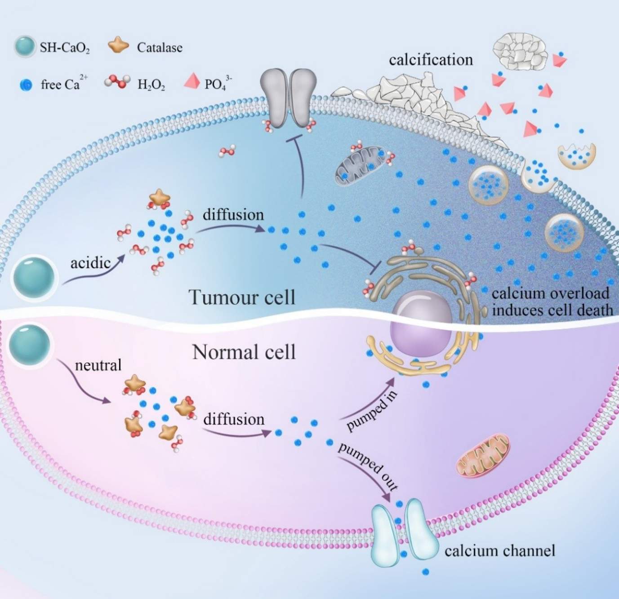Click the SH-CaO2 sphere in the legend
point(24,46)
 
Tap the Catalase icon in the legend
point(118,46)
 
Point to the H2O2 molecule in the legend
point(117,82)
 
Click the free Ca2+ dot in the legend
point(27,85)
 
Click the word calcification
point(431,60)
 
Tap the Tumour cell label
point(242,297)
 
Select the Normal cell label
point(244,352)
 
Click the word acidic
point(90,262)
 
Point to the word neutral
point(98,365)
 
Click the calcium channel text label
point(499,550)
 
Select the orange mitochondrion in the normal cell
point(483,455)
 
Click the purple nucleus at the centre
point(421,328)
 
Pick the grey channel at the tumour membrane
point(288,98)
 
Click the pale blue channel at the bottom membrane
point(405,530)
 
